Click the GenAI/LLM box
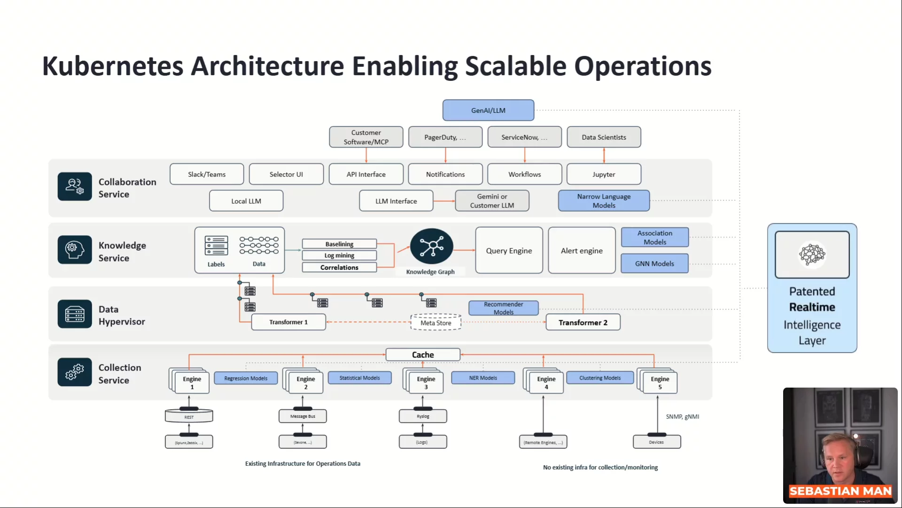point(488,110)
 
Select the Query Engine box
point(509,251)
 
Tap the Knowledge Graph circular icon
point(431,246)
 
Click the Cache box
point(423,355)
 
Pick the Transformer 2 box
point(583,322)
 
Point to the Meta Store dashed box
point(435,323)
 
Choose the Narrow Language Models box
point(604,201)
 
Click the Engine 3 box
point(426,383)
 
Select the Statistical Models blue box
point(359,378)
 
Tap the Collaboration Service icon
point(75,186)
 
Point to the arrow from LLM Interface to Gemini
point(444,201)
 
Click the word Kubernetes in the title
point(113,66)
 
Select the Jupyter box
point(604,174)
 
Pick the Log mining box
point(339,255)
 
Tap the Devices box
point(656,442)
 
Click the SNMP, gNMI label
point(682,417)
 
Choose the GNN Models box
point(654,263)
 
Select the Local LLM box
point(246,201)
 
